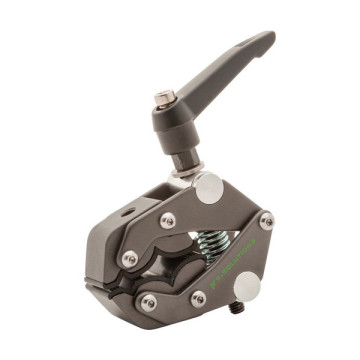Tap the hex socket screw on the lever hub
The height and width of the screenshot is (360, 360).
160,99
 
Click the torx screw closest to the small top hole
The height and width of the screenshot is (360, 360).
168,220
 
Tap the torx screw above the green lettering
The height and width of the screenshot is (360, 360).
266,221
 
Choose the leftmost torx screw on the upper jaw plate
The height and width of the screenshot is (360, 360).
129,259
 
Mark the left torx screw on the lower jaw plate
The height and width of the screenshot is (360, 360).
149,302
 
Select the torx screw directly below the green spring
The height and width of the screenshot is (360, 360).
198,297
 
